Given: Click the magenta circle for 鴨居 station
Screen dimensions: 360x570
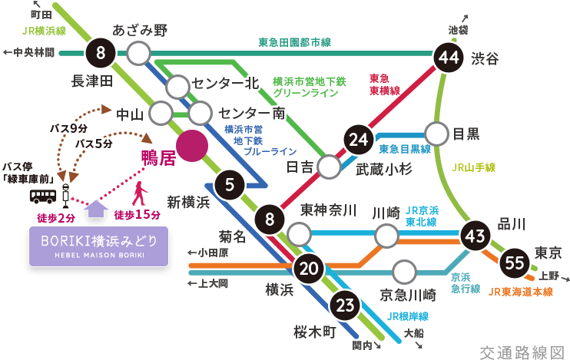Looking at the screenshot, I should point(191,145).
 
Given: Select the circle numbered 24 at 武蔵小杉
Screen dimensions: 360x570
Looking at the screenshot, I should point(357,139).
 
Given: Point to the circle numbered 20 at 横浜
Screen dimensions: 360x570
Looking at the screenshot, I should point(309,269).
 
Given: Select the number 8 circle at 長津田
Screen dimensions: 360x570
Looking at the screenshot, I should point(101,53).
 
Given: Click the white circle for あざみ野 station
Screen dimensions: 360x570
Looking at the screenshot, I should point(138,53).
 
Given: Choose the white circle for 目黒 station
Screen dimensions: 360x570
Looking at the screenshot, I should point(436,134).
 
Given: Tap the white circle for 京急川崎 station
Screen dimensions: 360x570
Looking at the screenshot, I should point(403,272).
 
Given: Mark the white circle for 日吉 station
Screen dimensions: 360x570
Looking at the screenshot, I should point(330,167).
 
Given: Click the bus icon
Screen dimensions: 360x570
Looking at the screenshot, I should point(41,197).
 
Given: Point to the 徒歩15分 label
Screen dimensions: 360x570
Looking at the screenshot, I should point(137,214).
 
